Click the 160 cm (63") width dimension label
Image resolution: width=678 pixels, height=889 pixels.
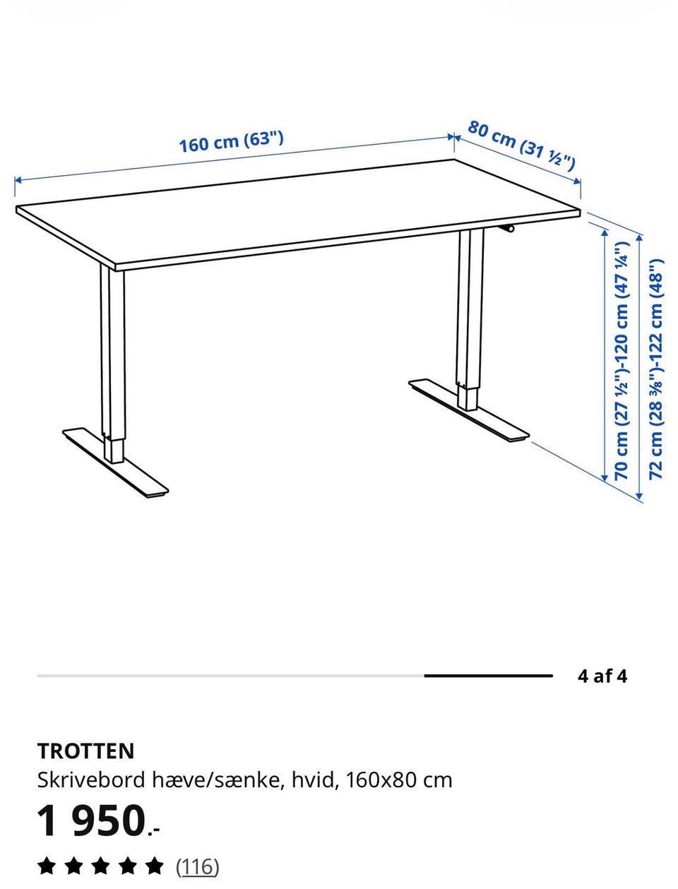(231, 142)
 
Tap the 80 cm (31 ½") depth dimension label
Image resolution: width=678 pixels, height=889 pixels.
(521, 145)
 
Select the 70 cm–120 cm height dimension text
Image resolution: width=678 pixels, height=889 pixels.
(621, 360)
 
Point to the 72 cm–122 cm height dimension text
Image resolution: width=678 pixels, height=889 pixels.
(656, 369)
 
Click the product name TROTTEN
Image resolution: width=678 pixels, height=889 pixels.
(85, 751)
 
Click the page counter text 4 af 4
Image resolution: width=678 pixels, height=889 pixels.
(602, 676)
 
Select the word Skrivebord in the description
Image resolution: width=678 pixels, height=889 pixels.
(91, 780)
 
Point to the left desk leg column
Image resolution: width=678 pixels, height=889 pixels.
(112, 364)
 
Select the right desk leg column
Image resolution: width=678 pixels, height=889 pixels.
(470, 320)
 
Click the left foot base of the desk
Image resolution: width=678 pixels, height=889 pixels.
(116, 463)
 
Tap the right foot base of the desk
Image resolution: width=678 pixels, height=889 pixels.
(469, 410)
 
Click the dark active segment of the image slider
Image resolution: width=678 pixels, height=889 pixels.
(489, 676)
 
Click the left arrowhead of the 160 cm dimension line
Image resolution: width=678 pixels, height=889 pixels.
(18, 180)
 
